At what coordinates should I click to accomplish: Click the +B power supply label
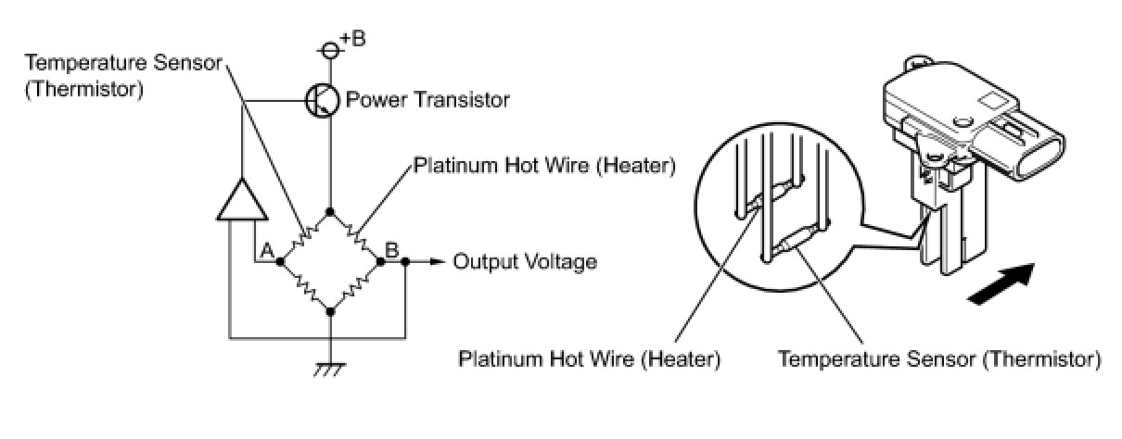[x=352, y=39]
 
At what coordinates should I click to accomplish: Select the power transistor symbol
[x=322, y=99]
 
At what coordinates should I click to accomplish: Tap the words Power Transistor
[x=427, y=99]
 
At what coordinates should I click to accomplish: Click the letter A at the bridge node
[x=266, y=250]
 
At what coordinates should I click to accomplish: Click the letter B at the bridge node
[x=391, y=249]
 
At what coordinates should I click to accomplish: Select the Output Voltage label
[x=525, y=262]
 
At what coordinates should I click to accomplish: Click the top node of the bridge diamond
[x=331, y=212]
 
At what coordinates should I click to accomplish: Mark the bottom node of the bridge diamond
[x=331, y=312]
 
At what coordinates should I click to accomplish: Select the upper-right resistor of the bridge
[x=356, y=237]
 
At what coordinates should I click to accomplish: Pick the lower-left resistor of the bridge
[x=305, y=287]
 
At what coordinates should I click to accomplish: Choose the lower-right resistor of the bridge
[x=356, y=287]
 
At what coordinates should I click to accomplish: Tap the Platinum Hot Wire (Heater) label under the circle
[x=589, y=358]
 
